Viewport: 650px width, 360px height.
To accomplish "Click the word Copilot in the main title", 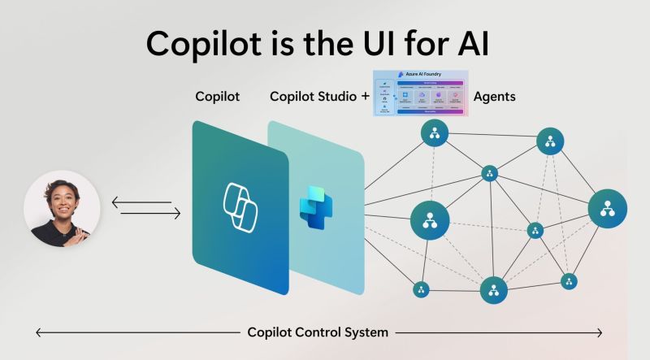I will (x=207, y=42).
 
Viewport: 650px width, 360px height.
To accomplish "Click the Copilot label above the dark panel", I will (x=218, y=97).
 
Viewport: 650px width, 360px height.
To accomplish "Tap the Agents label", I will (x=494, y=97).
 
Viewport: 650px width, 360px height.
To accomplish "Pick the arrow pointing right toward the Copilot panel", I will (x=150, y=214).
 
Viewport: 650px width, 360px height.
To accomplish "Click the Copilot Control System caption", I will (x=318, y=332).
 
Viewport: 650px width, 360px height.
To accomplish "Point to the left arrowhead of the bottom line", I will (x=38, y=332).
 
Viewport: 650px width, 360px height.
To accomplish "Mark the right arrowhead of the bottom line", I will (x=600, y=332).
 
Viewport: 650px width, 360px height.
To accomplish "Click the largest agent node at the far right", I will (x=606, y=208).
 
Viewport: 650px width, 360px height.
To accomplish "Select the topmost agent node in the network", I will (x=435, y=132).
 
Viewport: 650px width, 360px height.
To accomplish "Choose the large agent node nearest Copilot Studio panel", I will (x=430, y=218).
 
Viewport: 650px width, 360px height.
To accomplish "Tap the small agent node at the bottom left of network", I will (x=421, y=289).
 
